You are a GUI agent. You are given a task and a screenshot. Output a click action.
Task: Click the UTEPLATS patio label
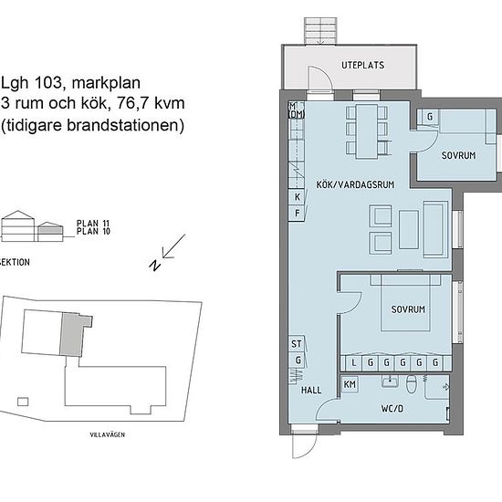point(362,66)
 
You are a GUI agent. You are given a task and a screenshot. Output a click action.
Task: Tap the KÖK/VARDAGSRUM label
point(355,184)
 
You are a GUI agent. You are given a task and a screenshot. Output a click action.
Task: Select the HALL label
point(311,390)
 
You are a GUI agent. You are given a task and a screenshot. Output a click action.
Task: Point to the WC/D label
point(392,409)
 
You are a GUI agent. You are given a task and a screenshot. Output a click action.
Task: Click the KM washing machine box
point(350,384)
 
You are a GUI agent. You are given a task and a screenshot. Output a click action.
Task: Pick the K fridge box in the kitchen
point(297,197)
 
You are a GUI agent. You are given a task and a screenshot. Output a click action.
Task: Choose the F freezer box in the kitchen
point(297,213)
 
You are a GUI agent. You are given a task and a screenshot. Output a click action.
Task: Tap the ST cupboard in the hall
point(297,344)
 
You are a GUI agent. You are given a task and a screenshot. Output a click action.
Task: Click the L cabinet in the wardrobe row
point(354,362)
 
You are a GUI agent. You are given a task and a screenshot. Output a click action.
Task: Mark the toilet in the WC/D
point(411,384)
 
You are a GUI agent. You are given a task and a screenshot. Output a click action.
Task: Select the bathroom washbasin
point(390,382)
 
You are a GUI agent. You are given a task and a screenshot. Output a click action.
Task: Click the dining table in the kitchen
point(367,131)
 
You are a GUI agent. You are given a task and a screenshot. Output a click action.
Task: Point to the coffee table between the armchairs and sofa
point(409,229)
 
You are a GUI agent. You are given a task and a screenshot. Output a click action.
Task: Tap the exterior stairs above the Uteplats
point(320,31)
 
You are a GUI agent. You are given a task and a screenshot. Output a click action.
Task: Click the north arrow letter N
point(154,265)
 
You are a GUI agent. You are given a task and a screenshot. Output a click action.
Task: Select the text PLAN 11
point(93,223)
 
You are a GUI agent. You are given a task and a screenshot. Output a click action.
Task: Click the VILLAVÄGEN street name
point(108,434)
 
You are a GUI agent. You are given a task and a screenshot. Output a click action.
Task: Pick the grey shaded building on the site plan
point(74,334)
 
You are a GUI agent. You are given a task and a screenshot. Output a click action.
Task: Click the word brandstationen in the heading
point(126,125)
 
